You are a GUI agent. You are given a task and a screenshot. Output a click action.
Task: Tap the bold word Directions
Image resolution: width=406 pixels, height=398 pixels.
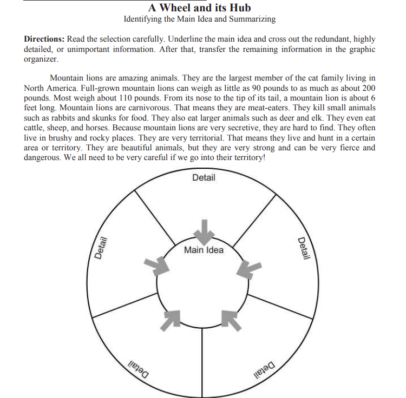point(44,40)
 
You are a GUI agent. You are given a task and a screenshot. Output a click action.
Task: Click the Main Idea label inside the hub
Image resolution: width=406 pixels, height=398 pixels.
point(203,250)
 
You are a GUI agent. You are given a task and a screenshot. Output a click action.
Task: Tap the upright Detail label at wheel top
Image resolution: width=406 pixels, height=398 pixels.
point(203,177)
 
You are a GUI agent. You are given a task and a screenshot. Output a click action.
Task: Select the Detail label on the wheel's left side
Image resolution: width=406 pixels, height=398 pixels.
point(99,249)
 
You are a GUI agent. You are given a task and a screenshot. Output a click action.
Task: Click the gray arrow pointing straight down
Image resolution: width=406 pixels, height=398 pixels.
point(204,231)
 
